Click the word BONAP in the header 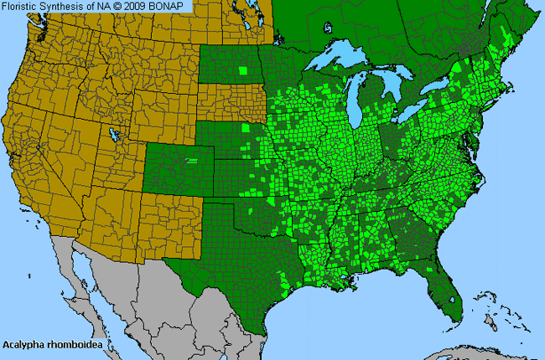click(174, 6)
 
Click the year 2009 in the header click(141, 6)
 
